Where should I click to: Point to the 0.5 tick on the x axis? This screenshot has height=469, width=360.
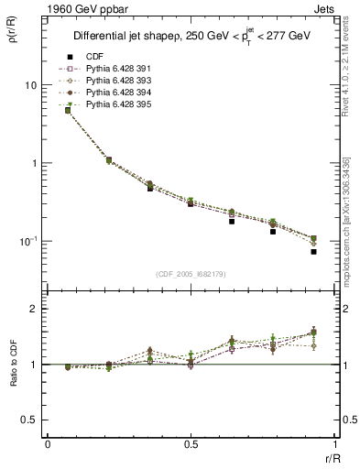(190, 444)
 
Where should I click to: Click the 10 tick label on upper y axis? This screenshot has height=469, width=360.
(28, 85)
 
